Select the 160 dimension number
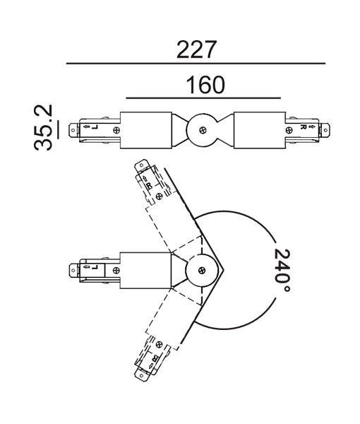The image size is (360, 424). pyautogui.click(x=204, y=85)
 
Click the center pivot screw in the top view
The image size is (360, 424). pyautogui.click(x=203, y=129)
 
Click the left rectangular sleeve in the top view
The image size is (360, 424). pyautogui.click(x=147, y=129)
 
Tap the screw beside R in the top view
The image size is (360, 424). pyautogui.click(x=289, y=129)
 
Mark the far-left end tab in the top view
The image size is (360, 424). pyautogui.click(x=73, y=129)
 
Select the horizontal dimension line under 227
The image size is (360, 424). pyautogui.click(x=196, y=64)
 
